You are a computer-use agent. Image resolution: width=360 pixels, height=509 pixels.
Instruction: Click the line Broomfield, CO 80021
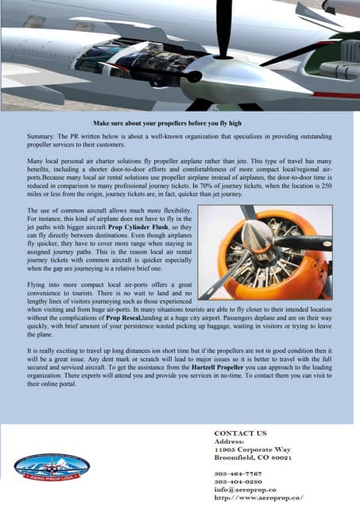(x=253, y=460)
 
